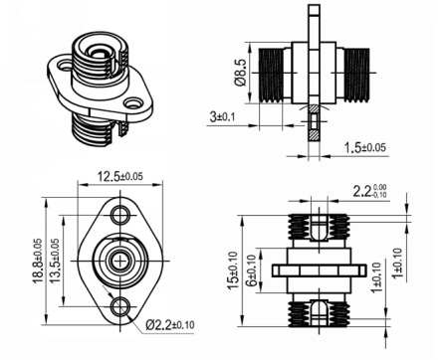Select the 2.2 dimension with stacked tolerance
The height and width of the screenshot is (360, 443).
(x=372, y=189)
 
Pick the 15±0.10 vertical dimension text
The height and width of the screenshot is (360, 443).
(x=232, y=270)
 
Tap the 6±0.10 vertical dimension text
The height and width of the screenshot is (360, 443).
(x=251, y=270)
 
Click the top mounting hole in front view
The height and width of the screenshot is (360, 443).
(x=121, y=216)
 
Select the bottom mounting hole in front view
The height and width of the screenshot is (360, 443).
(x=121, y=306)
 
